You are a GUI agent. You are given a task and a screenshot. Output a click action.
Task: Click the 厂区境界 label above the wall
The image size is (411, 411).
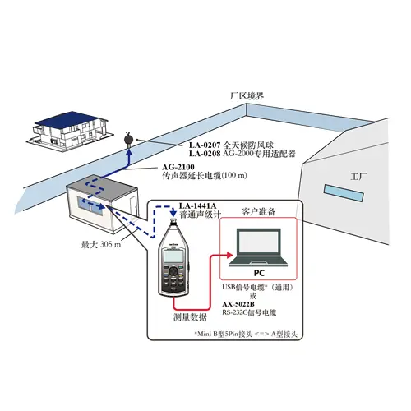(247, 96)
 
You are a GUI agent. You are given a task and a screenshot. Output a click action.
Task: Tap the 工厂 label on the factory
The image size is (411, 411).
(358, 176)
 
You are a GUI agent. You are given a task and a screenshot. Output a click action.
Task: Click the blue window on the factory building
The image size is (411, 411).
(344, 193)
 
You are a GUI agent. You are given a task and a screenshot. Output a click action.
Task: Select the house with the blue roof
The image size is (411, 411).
(70, 131)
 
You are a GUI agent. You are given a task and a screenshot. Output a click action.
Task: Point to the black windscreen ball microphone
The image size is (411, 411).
(128, 139)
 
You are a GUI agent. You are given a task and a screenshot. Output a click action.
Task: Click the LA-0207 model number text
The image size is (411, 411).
(205, 145)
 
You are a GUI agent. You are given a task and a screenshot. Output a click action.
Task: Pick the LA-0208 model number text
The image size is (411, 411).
(205, 154)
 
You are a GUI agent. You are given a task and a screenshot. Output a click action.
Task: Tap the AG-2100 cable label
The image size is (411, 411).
(178, 167)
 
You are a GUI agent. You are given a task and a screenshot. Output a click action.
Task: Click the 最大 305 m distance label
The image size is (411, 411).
(101, 244)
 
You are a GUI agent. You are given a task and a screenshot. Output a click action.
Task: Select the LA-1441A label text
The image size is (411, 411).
(197, 205)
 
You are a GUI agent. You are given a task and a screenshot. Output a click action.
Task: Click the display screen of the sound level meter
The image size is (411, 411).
(173, 256)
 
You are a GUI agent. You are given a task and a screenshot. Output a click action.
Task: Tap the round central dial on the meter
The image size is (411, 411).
(173, 271)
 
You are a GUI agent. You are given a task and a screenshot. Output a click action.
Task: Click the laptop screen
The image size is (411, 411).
(260, 243)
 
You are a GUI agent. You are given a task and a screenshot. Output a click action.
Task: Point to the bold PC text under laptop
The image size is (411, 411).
(259, 273)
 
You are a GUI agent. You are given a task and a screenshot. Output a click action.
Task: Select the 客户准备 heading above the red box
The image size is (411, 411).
(259, 212)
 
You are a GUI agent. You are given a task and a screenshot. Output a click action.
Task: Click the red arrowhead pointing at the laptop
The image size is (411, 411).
(229, 256)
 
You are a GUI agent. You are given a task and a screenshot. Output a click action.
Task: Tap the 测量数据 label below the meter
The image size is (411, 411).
(191, 317)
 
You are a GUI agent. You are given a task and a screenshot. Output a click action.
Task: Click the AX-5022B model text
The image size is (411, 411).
(238, 304)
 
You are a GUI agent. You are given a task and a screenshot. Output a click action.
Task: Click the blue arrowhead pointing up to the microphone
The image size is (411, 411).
(129, 152)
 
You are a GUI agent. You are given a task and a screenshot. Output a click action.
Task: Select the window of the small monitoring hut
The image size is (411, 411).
(91, 205)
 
